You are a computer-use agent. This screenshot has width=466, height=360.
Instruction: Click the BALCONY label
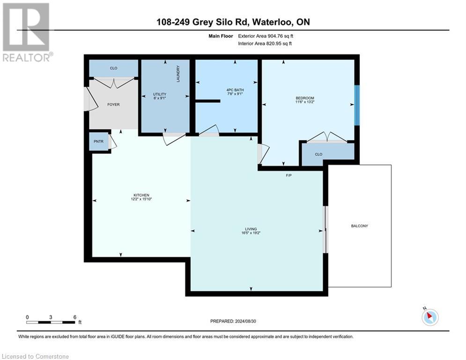click(359, 226)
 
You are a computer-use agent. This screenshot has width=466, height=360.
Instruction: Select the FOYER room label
click(113, 105)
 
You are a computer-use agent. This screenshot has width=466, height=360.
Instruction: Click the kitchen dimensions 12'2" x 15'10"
click(141, 199)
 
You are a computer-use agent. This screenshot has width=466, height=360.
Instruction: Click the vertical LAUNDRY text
click(178, 74)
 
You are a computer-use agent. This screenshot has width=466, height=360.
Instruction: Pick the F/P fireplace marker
click(289, 176)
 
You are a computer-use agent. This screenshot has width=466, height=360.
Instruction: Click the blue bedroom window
click(357, 105)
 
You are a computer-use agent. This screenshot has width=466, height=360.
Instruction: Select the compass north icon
click(429, 317)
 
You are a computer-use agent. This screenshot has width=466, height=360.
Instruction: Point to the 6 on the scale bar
click(74, 317)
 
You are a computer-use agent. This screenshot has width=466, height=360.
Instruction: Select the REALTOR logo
click(27, 32)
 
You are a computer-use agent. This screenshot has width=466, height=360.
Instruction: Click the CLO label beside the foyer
click(113, 68)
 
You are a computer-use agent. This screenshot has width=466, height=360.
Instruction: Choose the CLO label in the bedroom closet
click(318, 154)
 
